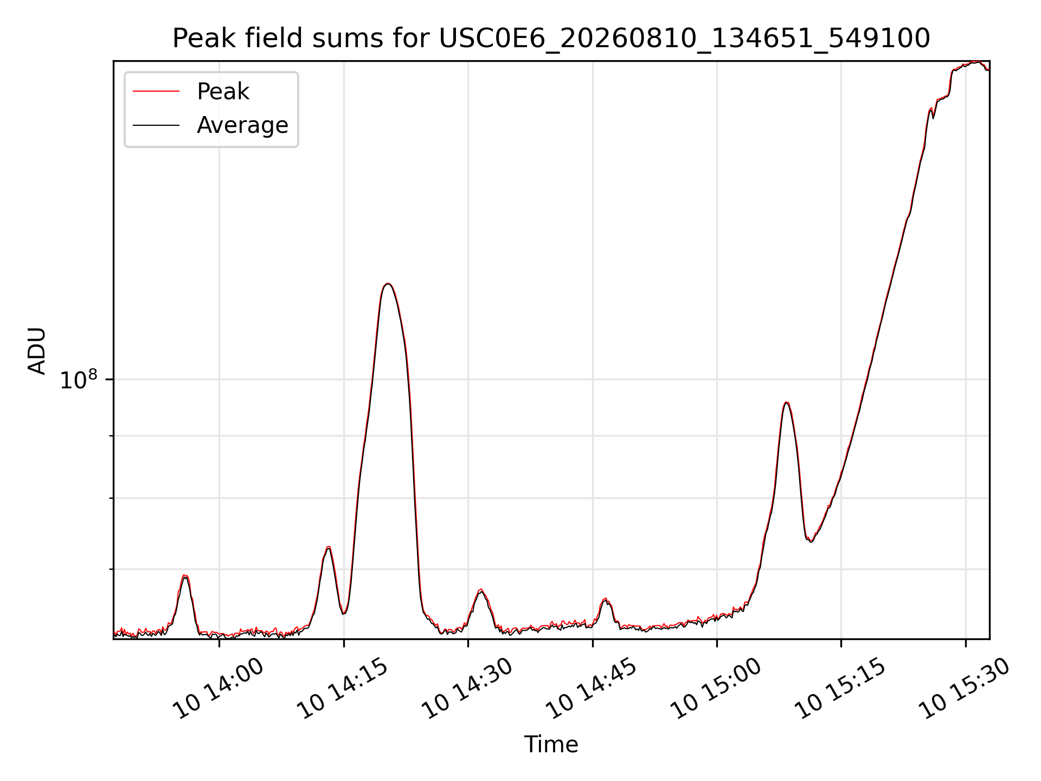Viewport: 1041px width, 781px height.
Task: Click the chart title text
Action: click(x=551, y=39)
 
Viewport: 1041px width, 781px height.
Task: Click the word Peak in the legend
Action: click(x=223, y=92)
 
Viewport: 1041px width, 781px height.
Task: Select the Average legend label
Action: click(x=242, y=125)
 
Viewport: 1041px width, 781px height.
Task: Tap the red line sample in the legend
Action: click(x=156, y=92)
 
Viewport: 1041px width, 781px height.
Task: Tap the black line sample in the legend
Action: click(x=156, y=125)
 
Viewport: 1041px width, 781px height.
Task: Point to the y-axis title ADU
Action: click(x=37, y=350)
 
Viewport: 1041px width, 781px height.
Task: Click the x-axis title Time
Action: click(x=551, y=744)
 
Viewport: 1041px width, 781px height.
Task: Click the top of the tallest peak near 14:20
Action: click(x=388, y=284)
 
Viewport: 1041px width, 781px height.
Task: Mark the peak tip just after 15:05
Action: click(x=787, y=402)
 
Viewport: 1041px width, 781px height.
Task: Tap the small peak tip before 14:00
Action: click(x=185, y=575)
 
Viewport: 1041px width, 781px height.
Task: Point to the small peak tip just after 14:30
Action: click(x=481, y=590)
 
